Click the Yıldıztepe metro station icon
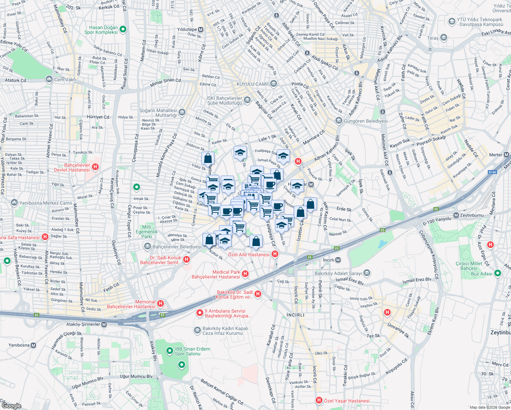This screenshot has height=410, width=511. [201, 30]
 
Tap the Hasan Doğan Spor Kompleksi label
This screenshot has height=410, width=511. [101, 30]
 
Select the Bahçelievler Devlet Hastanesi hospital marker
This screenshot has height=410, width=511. [95, 167]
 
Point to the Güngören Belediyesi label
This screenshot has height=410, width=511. [365, 121]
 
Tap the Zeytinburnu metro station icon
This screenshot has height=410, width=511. [456, 215]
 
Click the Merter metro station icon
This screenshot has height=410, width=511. [507, 155]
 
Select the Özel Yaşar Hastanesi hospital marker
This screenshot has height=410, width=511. [319, 400]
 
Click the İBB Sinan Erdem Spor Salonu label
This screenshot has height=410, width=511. [192, 351]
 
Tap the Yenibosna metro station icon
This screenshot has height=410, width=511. [33, 345]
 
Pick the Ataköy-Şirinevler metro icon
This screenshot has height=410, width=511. [104, 324]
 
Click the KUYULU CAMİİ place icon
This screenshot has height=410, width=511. [273, 84]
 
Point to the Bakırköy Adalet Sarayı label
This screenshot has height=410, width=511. [338, 273]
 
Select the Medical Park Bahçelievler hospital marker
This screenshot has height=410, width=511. [245, 274]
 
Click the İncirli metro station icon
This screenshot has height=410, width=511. [338, 260]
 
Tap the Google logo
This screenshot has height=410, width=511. [11, 406]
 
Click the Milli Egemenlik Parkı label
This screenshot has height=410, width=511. [147, 232]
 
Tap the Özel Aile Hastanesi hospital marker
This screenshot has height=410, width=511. [275, 254]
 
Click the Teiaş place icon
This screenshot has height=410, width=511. [444, 38]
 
